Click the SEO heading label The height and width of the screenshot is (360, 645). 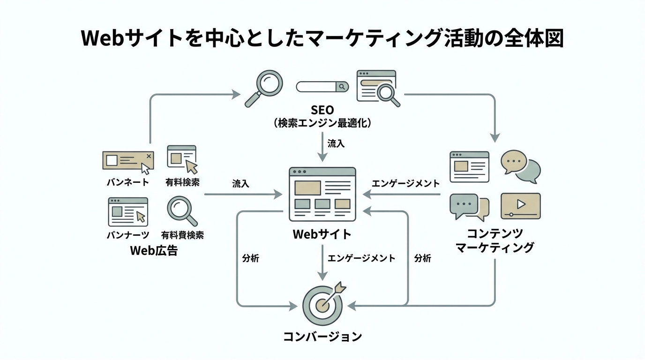322,110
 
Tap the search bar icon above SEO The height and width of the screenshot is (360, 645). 322,87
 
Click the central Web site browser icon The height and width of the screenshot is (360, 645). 322,194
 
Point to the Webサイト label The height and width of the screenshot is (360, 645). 322,234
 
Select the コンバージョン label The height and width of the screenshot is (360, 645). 322,337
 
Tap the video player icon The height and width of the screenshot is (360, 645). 520,206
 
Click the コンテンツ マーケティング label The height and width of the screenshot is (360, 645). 495,240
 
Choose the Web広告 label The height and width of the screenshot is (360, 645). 154,250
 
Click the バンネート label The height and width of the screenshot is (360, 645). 127,182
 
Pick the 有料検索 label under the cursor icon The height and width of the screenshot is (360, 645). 182,182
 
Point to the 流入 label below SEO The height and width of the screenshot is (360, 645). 336,143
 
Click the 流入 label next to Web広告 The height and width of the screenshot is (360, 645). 240,184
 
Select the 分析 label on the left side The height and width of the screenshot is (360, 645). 250,258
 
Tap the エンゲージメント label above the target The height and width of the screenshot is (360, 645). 361,258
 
